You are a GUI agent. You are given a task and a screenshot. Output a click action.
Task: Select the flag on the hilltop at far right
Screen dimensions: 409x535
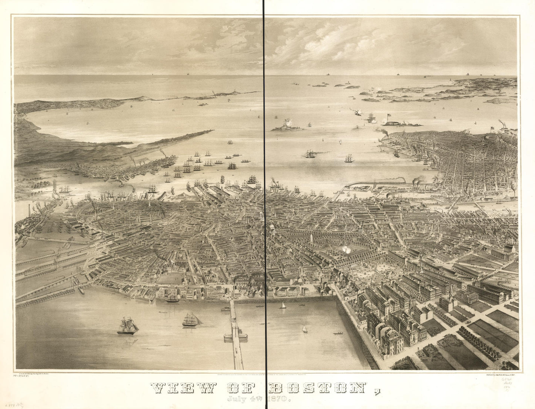click(493, 128)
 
